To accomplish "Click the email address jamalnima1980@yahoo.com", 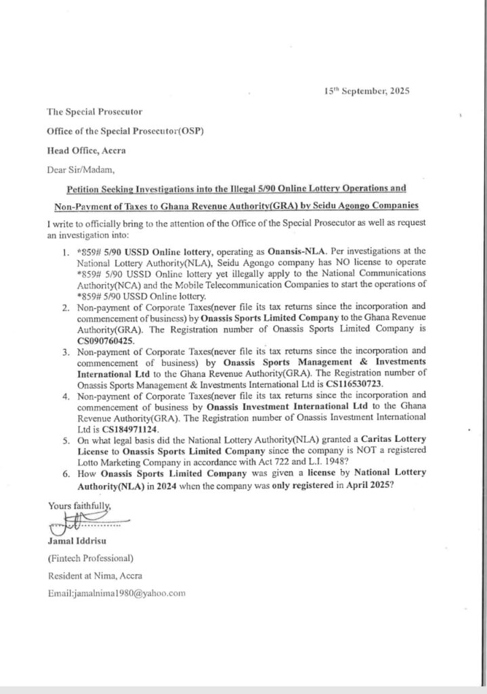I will point(116,593).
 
